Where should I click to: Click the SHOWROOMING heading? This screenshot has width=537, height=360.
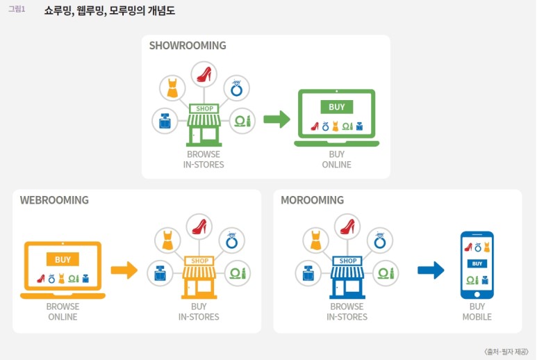click(188, 46)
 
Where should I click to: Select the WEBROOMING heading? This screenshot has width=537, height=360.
click(54, 200)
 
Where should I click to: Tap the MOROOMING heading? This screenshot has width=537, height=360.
click(312, 200)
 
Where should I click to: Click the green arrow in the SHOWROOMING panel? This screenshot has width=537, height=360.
click(276, 120)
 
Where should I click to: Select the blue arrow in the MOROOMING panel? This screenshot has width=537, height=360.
click(431, 270)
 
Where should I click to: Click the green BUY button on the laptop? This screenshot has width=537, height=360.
click(336, 107)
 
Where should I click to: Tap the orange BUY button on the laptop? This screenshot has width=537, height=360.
click(63, 260)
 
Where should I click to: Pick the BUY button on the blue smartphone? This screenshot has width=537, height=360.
click(477, 264)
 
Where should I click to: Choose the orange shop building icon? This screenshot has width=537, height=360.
click(199, 277)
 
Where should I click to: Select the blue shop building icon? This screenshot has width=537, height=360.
click(347, 277)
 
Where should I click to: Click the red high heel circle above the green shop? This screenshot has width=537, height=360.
click(204, 74)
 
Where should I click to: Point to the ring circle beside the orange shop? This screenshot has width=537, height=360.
click(232, 240)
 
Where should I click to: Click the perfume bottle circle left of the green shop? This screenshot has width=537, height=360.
click(165, 121)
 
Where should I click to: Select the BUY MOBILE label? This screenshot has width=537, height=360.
click(477, 312)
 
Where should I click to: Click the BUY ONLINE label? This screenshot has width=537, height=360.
click(336, 160)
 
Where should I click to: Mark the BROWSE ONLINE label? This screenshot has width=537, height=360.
click(63, 312)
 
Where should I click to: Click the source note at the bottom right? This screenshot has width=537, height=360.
click(506, 352)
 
